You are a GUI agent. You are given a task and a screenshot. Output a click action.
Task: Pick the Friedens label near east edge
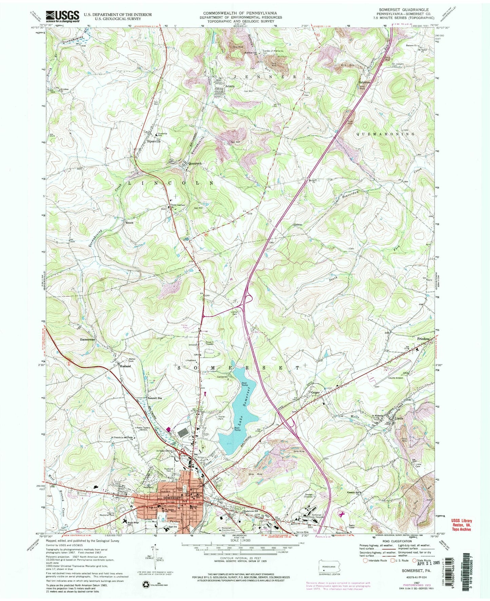coord(424,339)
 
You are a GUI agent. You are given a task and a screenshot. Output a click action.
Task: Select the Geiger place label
coord(316,393)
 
